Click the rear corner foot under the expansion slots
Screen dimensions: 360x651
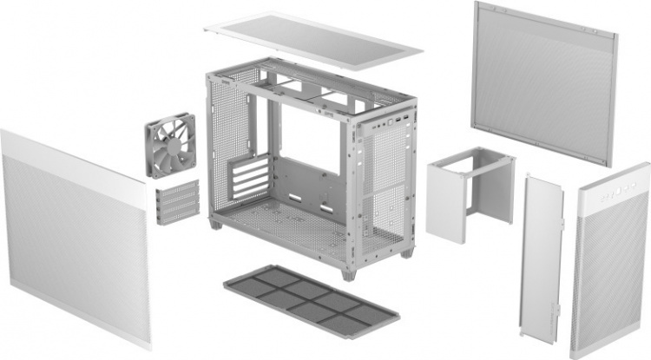(x=214, y=223)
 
